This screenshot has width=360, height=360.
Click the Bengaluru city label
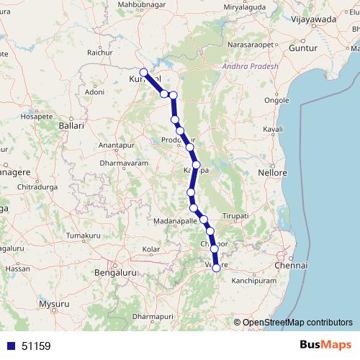click(x=115, y=274)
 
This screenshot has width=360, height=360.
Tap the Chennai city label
click(x=291, y=266)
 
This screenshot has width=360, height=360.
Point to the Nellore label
click(x=273, y=174)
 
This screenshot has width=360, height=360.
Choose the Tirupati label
click(x=235, y=216)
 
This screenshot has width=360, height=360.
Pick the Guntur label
click(x=302, y=47)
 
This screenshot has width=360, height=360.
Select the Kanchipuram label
click(x=254, y=280)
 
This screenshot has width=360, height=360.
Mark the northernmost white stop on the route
click(x=144, y=72)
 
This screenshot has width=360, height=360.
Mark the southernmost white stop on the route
click(x=216, y=268)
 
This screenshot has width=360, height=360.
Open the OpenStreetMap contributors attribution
click(x=297, y=323)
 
